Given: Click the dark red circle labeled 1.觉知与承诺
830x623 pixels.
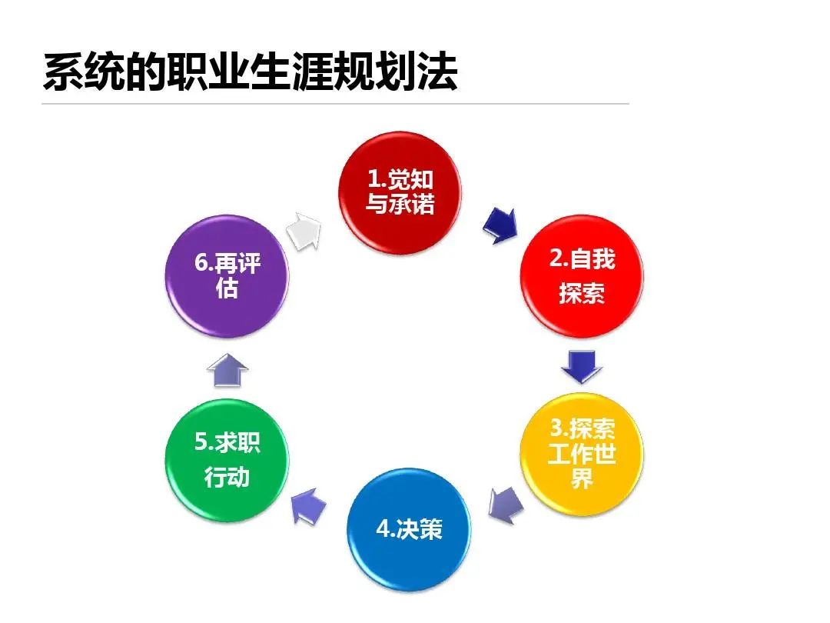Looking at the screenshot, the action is pos(400,192).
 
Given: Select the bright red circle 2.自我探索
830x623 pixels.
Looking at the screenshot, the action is pos(582,275).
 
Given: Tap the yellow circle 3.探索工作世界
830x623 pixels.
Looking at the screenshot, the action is pos(582,454).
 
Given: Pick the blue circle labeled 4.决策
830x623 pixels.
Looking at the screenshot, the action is pos(409,529).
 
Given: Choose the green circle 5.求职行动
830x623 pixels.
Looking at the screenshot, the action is pos(227,460).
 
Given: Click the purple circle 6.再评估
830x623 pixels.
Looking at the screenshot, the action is pos(227,275).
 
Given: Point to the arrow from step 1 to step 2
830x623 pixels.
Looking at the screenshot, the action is pos(500,225).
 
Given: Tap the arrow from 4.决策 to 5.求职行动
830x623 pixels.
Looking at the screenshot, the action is pos(309,506).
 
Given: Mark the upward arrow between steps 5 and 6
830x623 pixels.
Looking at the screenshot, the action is pos(227,370).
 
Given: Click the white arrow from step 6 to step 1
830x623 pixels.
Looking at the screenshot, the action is pos(304,231).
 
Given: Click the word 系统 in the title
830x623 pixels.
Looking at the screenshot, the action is pos(84,72).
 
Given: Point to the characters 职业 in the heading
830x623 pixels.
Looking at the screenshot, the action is pos(208,72).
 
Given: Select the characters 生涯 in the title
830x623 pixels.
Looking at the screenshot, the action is pos(291,72).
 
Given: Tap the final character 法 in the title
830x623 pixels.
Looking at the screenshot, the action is pos(437,72).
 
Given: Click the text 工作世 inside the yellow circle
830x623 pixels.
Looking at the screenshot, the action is pos(582,454).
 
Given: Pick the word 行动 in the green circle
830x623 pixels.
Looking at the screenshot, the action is pos(227,477).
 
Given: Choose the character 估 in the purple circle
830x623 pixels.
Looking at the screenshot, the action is pos(227,288).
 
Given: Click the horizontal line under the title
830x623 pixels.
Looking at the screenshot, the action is pos(335,104).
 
